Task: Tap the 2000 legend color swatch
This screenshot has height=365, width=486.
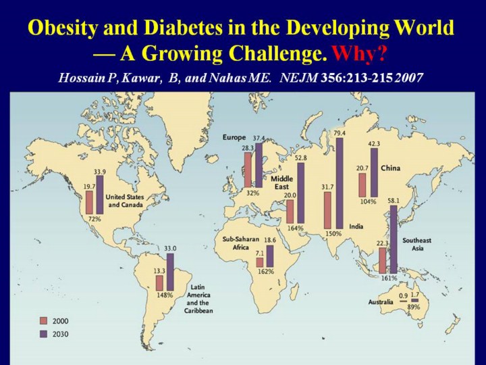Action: [x=43, y=320]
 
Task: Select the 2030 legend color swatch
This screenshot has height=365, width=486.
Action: [x=43, y=333]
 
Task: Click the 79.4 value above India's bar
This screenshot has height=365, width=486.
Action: [x=339, y=132]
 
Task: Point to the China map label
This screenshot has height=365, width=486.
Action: [x=391, y=167]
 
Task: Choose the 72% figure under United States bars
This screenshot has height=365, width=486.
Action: [x=94, y=218]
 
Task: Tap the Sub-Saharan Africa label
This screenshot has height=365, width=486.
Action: [x=241, y=243]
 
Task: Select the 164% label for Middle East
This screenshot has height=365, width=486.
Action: [x=295, y=228]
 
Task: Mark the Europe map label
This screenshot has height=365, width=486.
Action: [x=234, y=137]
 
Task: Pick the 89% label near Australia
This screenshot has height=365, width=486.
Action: [x=413, y=307]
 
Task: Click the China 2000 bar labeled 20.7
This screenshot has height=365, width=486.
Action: [x=362, y=185]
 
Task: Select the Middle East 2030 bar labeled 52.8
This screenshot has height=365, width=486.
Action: [x=301, y=193]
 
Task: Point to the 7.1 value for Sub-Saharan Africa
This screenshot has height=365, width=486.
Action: [x=259, y=253]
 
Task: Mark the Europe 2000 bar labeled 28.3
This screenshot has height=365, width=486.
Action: [x=248, y=168]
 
